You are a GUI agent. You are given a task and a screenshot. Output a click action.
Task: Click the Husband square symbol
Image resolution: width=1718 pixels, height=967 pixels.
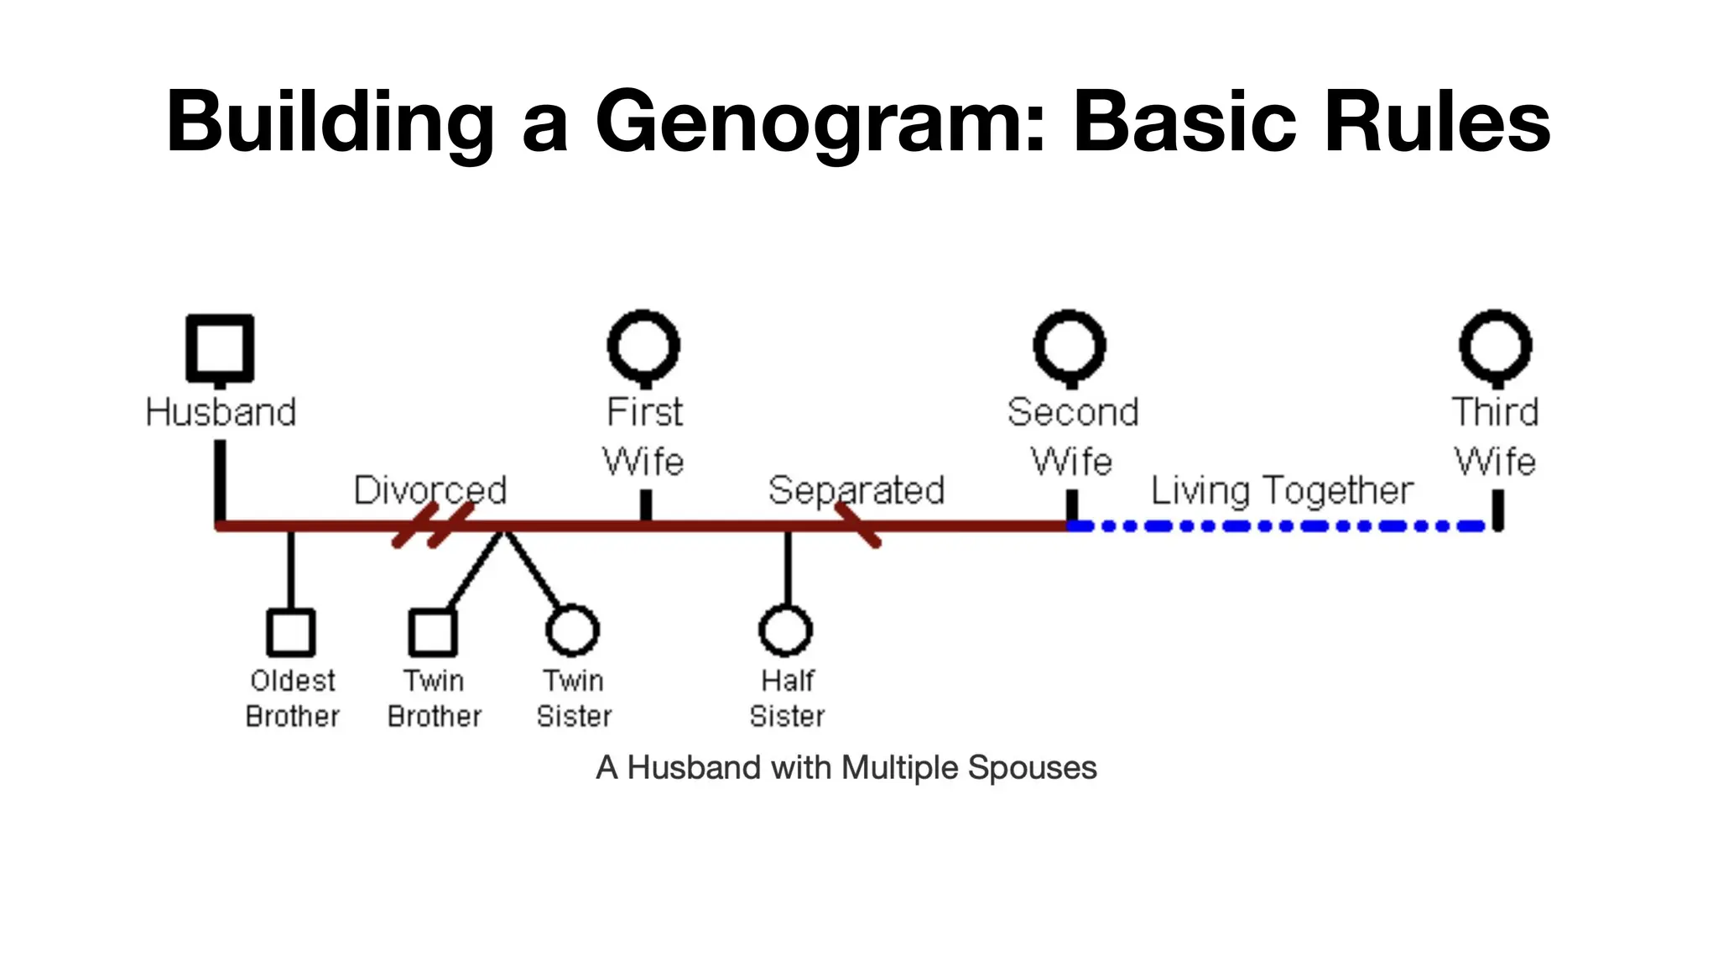click(x=220, y=348)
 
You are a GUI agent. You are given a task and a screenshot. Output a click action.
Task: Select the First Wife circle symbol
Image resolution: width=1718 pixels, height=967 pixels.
click(x=643, y=346)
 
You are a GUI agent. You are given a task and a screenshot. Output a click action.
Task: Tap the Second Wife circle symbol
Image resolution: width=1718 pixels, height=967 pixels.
click(x=1070, y=346)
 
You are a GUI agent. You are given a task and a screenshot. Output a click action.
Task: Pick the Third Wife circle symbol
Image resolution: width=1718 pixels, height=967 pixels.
click(x=1496, y=346)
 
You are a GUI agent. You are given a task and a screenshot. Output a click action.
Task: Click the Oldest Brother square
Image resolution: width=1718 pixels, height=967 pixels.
click(x=291, y=632)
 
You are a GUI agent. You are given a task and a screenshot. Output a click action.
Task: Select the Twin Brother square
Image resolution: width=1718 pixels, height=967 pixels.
click(x=433, y=632)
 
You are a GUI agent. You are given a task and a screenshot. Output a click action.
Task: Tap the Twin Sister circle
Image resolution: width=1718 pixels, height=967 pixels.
click(x=572, y=630)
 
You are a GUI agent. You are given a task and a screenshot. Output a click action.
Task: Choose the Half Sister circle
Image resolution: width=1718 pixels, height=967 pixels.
click(x=786, y=630)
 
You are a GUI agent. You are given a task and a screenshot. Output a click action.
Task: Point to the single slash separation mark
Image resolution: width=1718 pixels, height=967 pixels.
click(x=858, y=525)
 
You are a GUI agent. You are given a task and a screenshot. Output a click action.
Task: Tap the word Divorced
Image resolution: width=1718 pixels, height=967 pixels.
click(x=430, y=490)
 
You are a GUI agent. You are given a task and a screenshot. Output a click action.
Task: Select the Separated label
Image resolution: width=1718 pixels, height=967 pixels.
click(x=856, y=490)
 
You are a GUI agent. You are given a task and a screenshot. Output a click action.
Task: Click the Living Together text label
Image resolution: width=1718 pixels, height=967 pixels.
click(x=1282, y=490)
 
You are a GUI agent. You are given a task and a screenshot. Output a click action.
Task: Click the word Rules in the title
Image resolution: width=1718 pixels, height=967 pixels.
click(x=1437, y=123)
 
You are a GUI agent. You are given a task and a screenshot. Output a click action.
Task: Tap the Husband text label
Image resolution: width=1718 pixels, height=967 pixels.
click(x=221, y=412)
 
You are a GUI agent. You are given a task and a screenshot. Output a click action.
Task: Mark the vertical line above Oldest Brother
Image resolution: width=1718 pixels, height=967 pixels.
click(x=291, y=569)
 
